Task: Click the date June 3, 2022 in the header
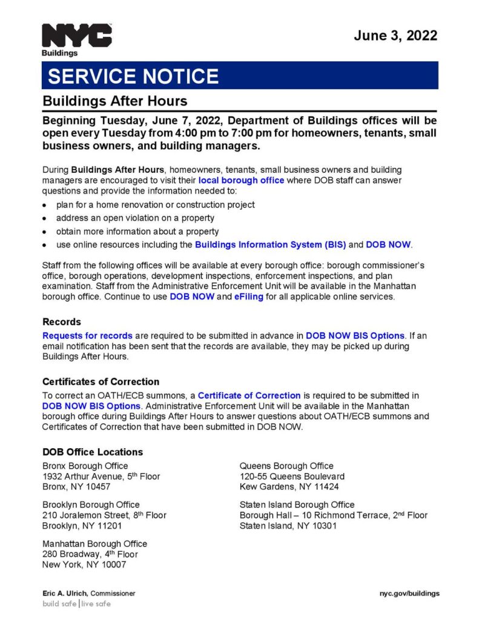(x=395, y=35)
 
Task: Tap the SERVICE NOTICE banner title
(x=133, y=76)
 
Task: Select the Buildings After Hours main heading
(x=114, y=101)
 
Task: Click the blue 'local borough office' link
(x=241, y=181)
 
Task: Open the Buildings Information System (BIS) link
(x=270, y=245)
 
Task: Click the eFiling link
(x=249, y=297)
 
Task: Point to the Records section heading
(x=62, y=322)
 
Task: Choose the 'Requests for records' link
(x=87, y=335)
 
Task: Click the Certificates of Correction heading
(x=101, y=382)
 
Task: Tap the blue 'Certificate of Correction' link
(x=249, y=395)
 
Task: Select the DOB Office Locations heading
(x=93, y=452)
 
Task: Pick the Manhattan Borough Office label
(x=94, y=543)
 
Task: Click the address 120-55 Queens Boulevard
(x=292, y=477)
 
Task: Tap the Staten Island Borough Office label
(x=297, y=505)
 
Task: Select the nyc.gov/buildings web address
(x=405, y=594)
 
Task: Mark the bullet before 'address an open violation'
(x=45, y=218)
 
